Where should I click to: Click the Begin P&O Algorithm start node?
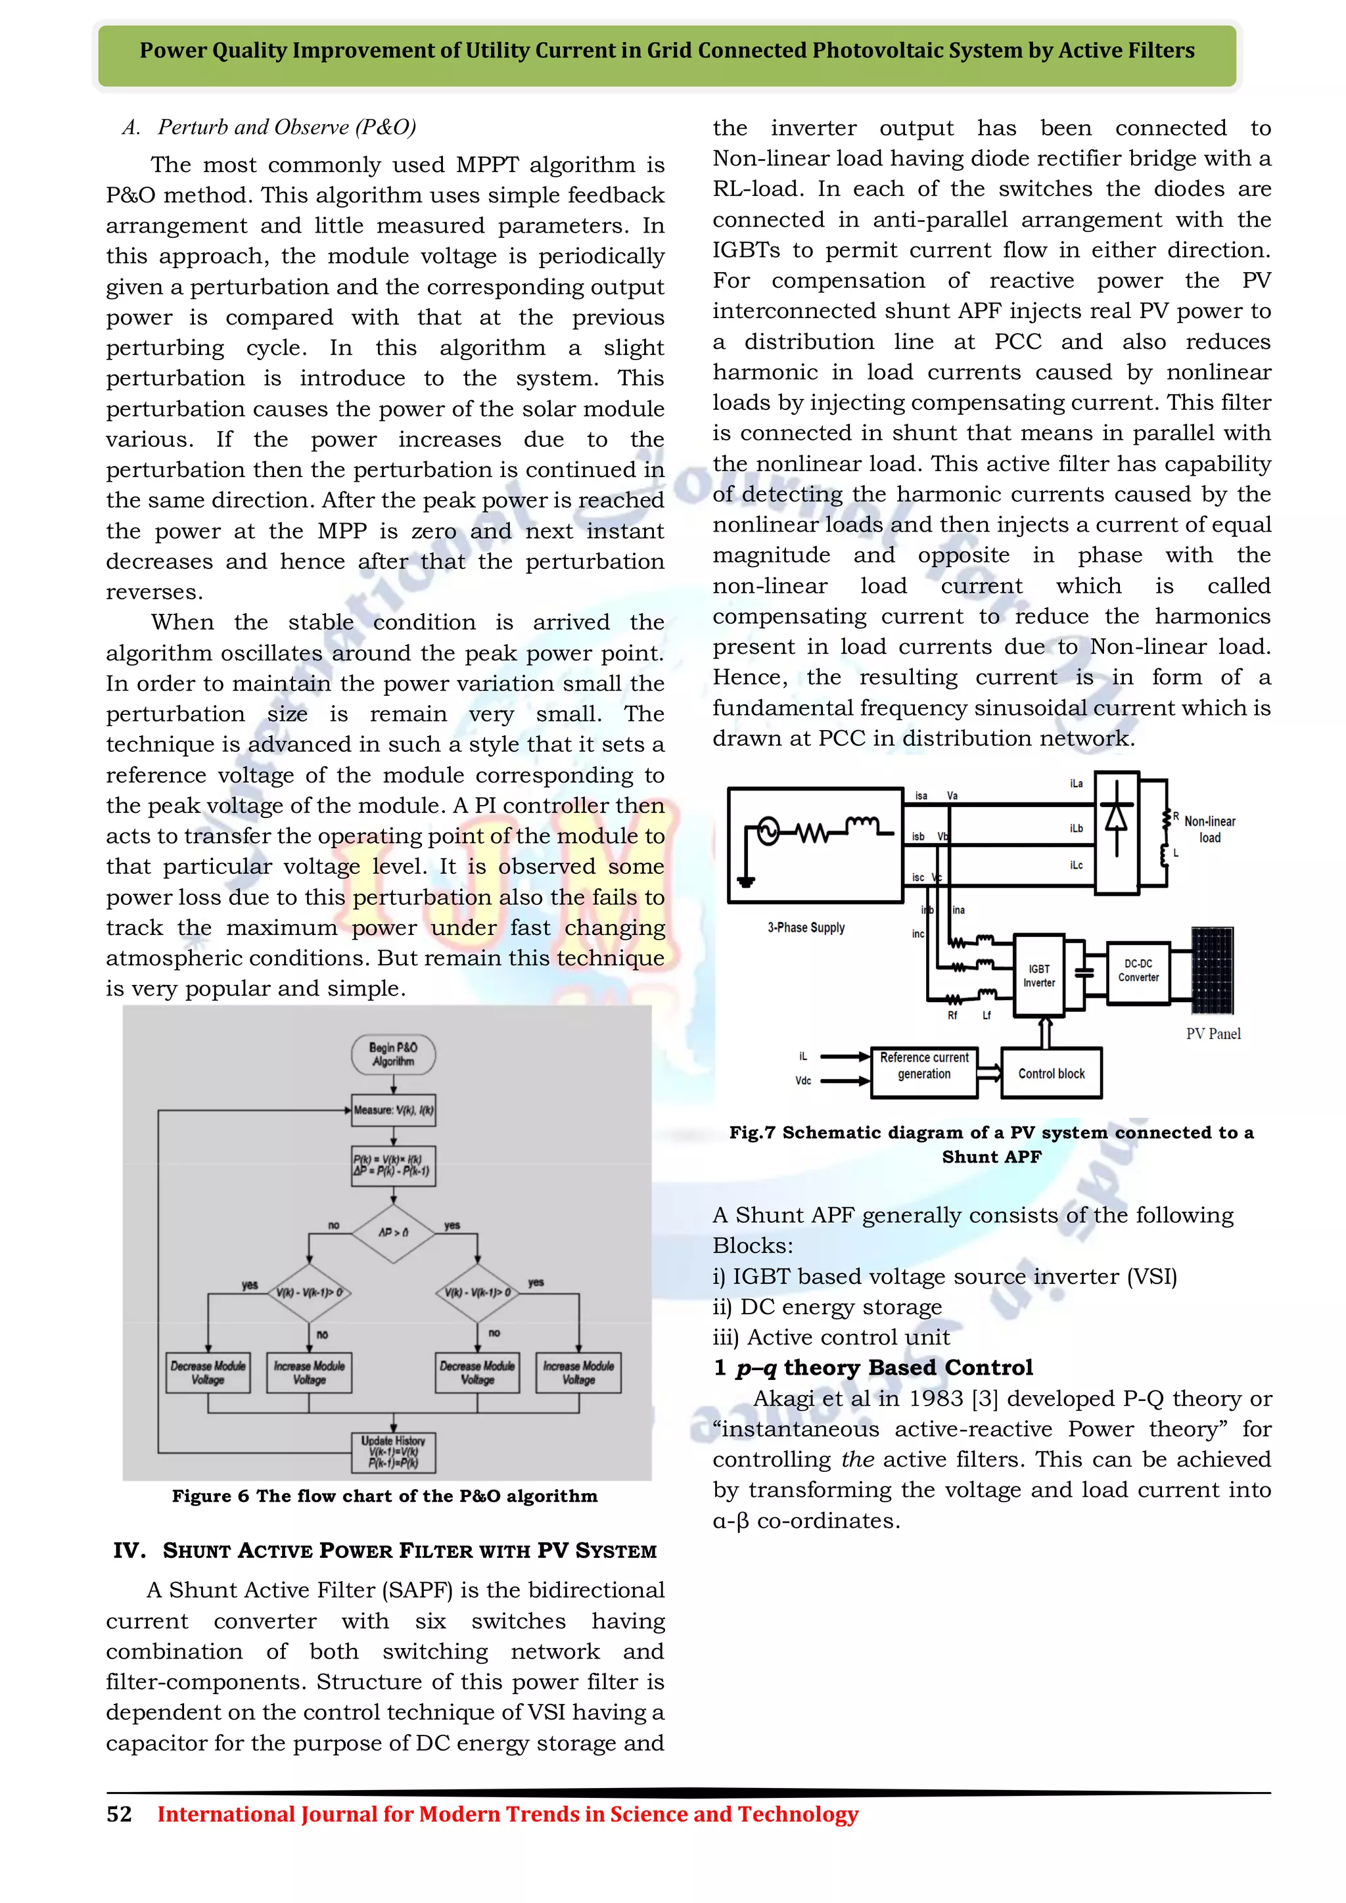coord(393,1054)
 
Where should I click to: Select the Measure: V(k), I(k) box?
coord(393,1110)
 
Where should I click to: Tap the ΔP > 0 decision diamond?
coord(393,1233)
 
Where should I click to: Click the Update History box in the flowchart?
coord(393,1452)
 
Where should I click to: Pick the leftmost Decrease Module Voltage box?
coord(208,1373)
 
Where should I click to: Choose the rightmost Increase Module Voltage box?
coord(578,1373)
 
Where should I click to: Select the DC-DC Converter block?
coord(1138,971)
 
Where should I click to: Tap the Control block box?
coord(1051,1073)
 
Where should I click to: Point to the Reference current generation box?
coord(924,1066)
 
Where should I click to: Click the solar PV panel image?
coord(1212,970)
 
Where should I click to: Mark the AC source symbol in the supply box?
coord(768,831)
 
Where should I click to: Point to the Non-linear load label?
coord(1209,829)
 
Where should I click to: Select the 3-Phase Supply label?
coord(806,927)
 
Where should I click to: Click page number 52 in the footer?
coord(120,1814)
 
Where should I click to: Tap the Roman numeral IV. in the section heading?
coord(129,1551)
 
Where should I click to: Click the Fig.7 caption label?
coord(752,1133)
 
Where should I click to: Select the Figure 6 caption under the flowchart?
coord(384,1496)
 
